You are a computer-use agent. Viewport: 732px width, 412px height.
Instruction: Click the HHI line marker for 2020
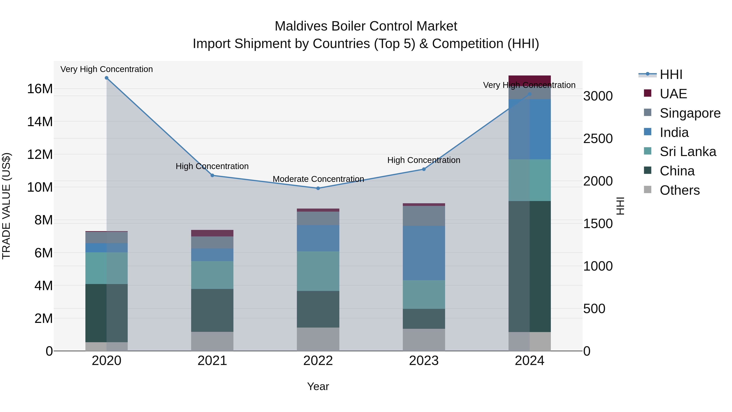click(x=107, y=78)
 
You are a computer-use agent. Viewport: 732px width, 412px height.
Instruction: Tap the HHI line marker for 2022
click(x=318, y=188)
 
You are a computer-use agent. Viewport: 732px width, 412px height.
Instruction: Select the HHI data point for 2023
click(x=424, y=169)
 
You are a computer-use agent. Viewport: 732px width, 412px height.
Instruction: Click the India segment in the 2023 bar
click(x=424, y=253)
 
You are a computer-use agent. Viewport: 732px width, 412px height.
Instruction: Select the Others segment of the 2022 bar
click(x=318, y=339)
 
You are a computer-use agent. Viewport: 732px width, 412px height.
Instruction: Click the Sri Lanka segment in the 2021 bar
click(x=212, y=275)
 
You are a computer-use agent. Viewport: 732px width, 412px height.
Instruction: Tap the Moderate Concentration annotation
click(x=318, y=179)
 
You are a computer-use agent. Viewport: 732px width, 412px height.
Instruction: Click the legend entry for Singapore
click(x=690, y=113)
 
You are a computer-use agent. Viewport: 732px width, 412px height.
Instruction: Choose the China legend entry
click(x=677, y=171)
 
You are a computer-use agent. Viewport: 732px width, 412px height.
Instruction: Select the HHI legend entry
click(x=671, y=74)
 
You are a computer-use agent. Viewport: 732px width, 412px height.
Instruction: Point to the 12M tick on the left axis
click(x=40, y=155)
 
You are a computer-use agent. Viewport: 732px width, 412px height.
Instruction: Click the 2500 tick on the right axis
click(x=598, y=139)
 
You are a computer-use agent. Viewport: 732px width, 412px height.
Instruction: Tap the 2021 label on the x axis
click(x=212, y=361)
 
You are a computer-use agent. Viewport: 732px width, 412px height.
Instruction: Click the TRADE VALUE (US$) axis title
click(x=6, y=206)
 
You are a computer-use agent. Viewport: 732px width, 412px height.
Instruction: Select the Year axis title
click(x=318, y=386)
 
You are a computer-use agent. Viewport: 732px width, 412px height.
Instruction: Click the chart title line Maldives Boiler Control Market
click(x=366, y=26)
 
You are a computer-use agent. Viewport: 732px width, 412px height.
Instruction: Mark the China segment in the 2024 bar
click(x=529, y=266)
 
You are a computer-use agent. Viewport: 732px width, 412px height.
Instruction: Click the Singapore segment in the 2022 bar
click(x=318, y=218)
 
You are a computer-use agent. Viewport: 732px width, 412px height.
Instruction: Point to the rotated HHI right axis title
click(x=620, y=206)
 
